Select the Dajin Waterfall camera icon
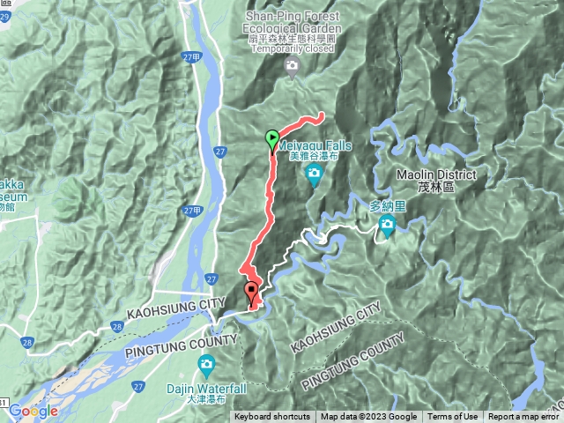click(x=206, y=364)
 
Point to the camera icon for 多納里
click(x=387, y=228)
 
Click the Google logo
click(x=33, y=411)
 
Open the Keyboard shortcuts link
click(x=272, y=417)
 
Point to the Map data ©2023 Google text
click(x=368, y=417)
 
